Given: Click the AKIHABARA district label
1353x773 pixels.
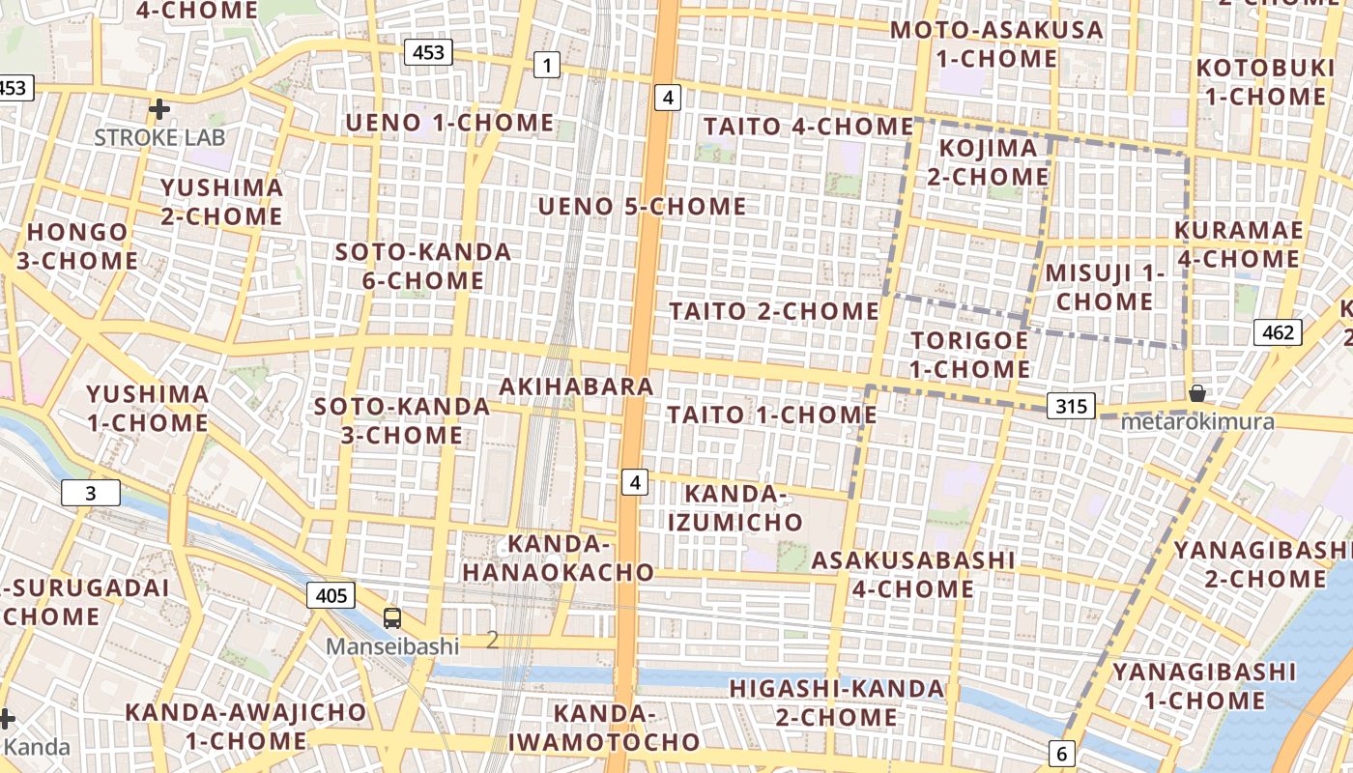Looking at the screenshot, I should (577, 386).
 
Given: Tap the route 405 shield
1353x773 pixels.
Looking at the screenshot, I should (331, 595).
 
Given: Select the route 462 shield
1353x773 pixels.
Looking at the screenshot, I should (1278, 333).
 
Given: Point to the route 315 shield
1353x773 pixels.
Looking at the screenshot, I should (1072, 407).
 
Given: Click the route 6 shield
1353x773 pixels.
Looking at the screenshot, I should (1061, 754).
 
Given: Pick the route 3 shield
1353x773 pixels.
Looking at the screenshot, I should (91, 494).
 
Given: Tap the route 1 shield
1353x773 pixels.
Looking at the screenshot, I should (547, 66).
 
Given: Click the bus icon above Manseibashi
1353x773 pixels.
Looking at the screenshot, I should (392, 618).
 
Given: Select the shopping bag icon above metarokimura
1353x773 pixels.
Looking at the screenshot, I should (1197, 393).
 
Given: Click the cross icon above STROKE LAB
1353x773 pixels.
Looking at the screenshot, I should (159, 109).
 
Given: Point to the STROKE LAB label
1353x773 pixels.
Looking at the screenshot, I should (159, 137).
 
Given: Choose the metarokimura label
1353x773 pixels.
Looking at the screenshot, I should (1197, 422).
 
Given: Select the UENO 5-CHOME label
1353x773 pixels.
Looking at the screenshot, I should (643, 207).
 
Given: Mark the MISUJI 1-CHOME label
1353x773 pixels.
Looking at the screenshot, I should (1105, 287).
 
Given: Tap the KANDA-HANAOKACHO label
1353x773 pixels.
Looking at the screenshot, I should (559, 558).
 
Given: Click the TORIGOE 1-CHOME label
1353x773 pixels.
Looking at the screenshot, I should (969, 355).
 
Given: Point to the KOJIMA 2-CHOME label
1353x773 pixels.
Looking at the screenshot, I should (988, 162).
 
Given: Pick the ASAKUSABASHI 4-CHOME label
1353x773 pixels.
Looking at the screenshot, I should (913, 574).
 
